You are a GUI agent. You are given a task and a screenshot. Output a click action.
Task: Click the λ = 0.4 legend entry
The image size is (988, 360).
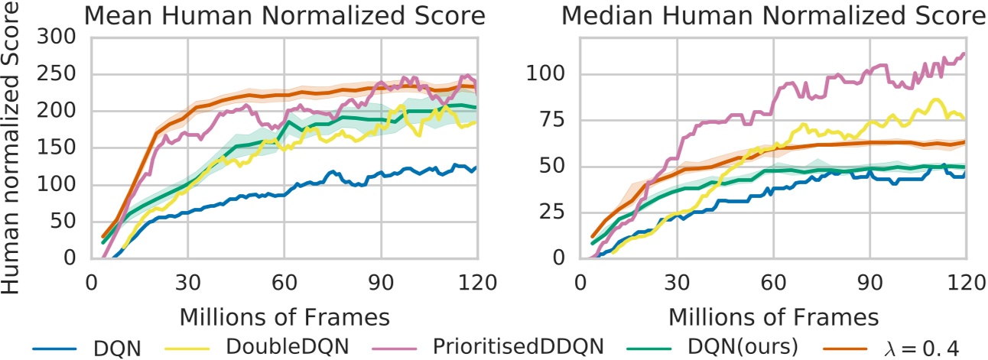click(x=918, y=347)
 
